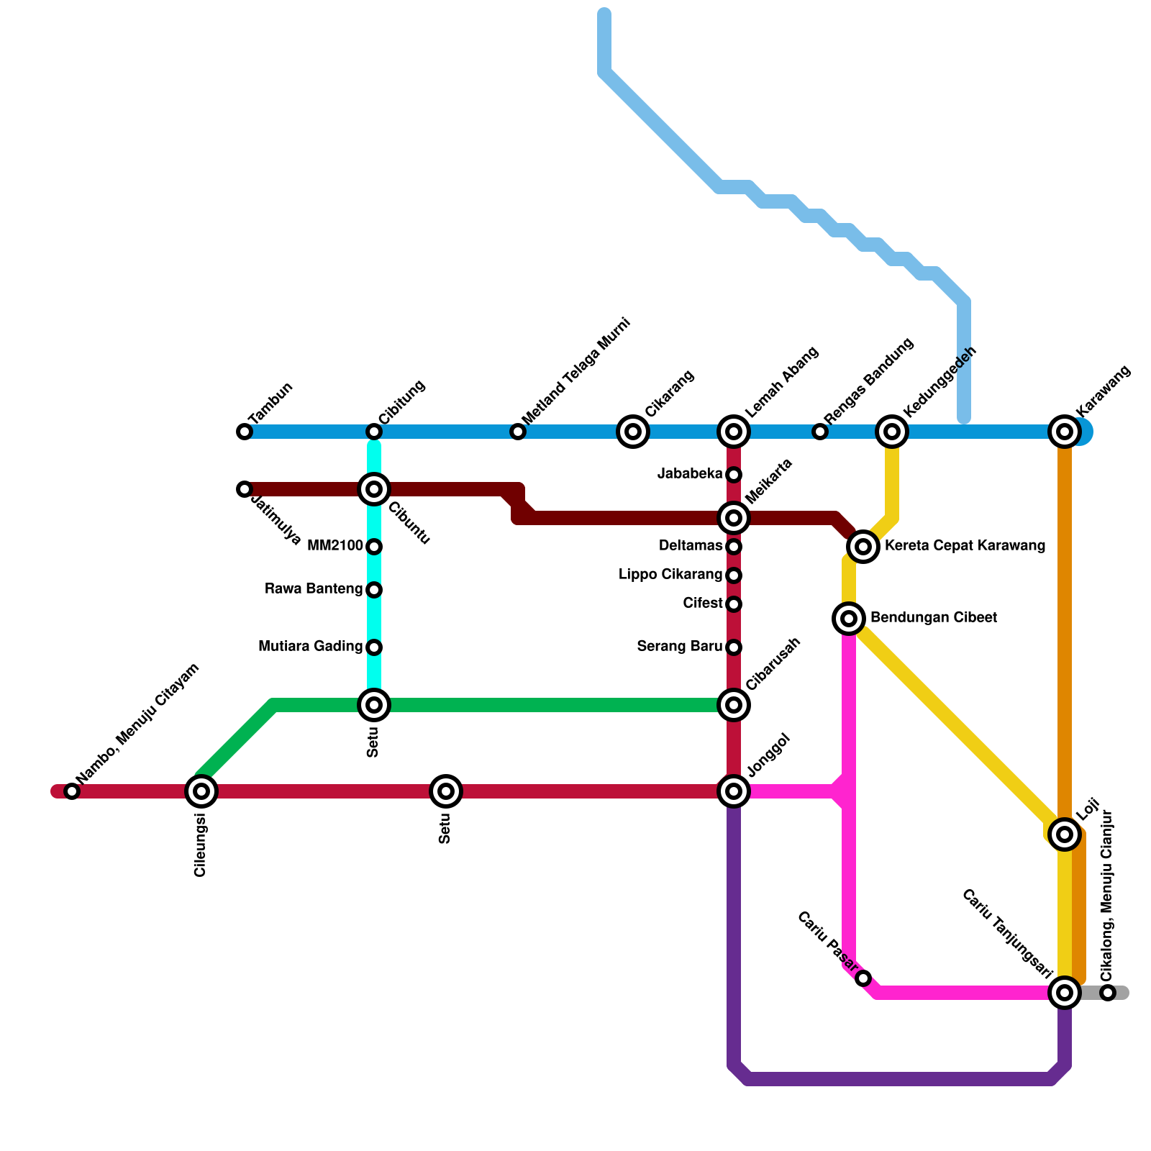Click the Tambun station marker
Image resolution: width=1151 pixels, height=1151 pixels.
pos(245,432)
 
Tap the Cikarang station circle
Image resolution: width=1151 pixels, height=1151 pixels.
pos(633,432)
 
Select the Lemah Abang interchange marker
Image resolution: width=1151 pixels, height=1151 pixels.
pos(734,432)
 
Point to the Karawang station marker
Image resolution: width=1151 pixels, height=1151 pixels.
pos(1065,432)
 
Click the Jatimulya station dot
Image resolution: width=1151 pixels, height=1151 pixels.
pos(245,489)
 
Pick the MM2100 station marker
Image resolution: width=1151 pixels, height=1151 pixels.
pos(374,547)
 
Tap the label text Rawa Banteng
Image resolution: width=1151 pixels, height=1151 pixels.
pos(314,589)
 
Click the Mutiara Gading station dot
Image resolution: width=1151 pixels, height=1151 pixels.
pos(374,647)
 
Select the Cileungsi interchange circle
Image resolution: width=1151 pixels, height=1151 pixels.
pos(201,791)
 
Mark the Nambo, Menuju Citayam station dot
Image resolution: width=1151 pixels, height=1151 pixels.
pos(72,791)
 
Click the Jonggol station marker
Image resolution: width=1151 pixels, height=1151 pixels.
pos(734,791)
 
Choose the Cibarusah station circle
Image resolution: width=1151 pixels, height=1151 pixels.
pos(734,705)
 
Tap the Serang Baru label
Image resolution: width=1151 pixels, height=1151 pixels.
pos(679,647)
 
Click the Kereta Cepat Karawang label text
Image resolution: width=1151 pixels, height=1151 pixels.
pos(965,546)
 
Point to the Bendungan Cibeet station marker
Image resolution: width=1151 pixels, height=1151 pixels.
pos(849,619)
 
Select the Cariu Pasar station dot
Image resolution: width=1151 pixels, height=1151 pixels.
pos(863,978)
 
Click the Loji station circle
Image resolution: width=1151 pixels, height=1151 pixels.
pos(1065,834)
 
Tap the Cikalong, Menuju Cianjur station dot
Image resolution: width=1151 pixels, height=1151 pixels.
pos(1108,993)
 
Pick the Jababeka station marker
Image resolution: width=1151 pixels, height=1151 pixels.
pos(734,475)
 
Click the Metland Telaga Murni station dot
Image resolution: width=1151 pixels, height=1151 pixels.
pos(518,432)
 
